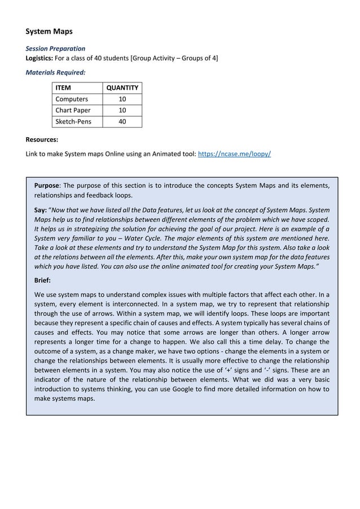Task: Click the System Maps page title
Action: (49, 32)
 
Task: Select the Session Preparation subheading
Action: (56, 49)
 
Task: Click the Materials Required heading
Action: (56, 72)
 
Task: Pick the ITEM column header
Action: (63, 87)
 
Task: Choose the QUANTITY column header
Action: (122, 87)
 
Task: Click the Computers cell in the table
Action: (71, 99)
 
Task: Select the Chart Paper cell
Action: (73, 110)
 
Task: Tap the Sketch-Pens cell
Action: (73, 121)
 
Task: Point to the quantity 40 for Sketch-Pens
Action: (122, 121)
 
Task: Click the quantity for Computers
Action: (122, 99)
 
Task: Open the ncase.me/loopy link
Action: (234, 153)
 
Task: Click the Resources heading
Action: (42, 139)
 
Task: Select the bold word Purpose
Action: (47, 185)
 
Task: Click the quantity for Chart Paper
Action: (122, 110)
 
